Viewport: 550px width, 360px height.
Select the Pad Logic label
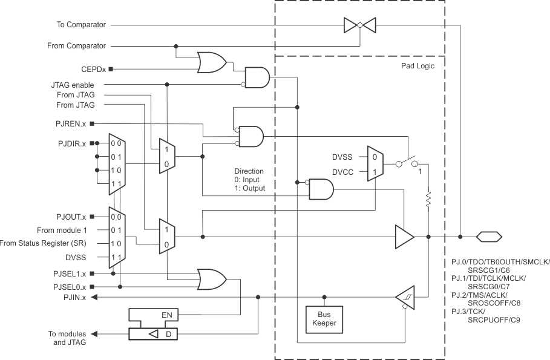point(417,65)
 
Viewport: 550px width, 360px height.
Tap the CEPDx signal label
point(93,69)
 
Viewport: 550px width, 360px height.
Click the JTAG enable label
point(73,85)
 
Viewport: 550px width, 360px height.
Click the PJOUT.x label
point(71,217)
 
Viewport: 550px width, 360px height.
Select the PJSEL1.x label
point(70,273)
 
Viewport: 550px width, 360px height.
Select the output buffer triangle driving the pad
point(404,237)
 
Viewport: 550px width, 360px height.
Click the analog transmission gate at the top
point(359,25)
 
